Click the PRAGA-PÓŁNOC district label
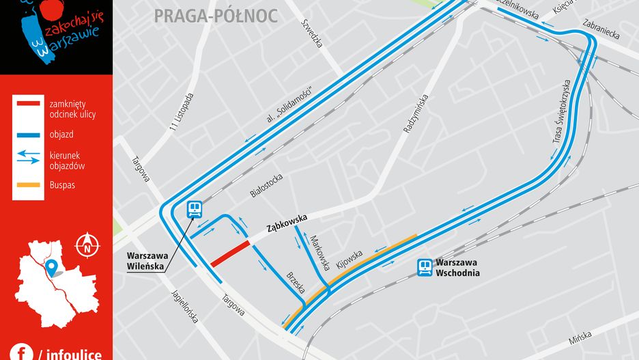coord(216,16)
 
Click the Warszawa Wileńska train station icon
coord(195,209)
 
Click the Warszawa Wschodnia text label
coord(457,267)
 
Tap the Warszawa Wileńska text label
coord(146,262)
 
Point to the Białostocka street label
coord(266,185)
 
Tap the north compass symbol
coord(87,243)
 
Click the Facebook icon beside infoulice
coord(21,352)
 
